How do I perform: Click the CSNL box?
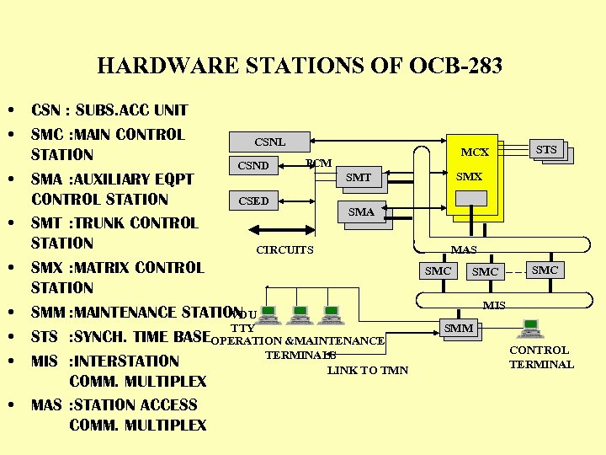(269, 142)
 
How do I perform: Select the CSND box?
(253, 165)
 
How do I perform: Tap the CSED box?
(253, 201)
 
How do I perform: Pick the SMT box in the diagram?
(358, 177)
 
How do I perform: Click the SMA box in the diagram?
(361, 212)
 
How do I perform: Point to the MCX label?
(475, 153)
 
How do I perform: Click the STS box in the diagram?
(546, 150)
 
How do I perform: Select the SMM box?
(459, 328)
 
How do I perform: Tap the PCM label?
(319, 163)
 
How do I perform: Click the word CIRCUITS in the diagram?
(284, 249)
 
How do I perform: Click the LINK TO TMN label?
(368, 370)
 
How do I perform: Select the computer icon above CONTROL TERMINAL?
(531, 329)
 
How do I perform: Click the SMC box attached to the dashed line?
(545, 270)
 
